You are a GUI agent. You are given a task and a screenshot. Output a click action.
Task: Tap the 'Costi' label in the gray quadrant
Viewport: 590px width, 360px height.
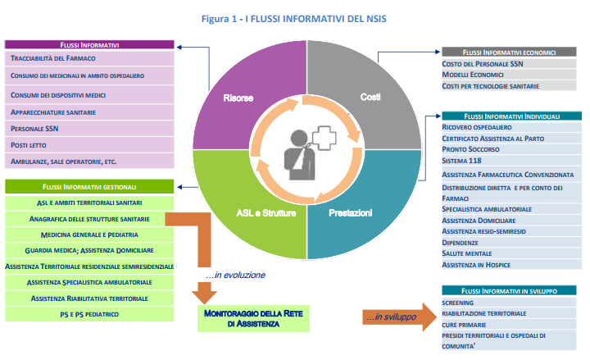pos(370,98)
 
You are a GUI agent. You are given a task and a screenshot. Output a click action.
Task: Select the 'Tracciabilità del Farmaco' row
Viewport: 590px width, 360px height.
pos(53,59)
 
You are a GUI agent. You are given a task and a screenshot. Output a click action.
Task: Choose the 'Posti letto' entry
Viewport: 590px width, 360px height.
pos(29,144)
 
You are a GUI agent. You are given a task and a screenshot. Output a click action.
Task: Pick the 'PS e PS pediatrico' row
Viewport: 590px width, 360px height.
pos(90,313)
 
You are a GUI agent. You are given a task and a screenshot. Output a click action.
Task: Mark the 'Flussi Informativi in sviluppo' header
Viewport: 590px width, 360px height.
pos(513,290)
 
